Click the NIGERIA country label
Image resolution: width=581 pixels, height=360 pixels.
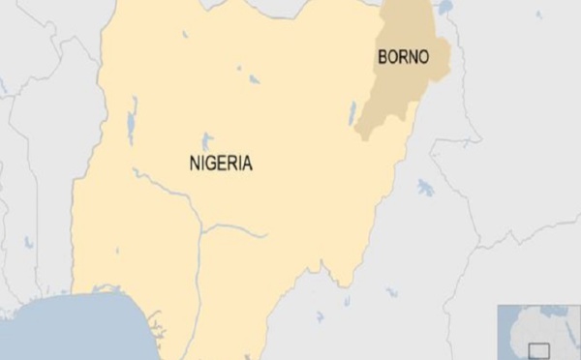coord(220,163)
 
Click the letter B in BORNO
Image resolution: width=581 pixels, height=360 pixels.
coord(381,57)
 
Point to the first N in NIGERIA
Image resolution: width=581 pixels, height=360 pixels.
coord(194,163)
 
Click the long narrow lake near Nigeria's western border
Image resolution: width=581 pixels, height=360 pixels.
coord(132,120)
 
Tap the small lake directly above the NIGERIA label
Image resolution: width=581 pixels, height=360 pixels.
coord(206,139)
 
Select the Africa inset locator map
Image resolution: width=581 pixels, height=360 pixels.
coord(538,332)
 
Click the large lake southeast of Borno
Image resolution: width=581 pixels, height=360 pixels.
coord(424,188)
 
